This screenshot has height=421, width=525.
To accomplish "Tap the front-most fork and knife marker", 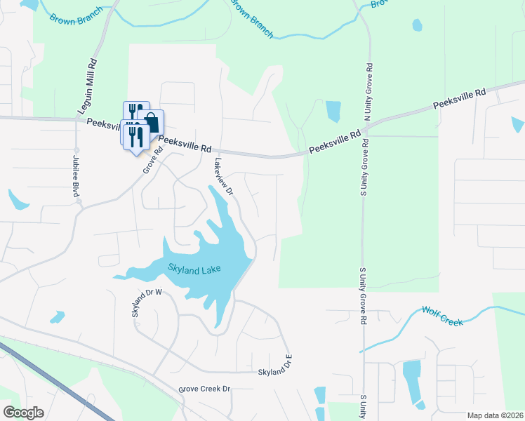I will [x=135, y=138].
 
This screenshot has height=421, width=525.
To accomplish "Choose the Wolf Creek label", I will [x=442, y=316].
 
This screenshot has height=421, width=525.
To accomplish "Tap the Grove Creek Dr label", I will [x=204, y=389].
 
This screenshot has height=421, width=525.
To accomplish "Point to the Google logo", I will [x=24, y=413].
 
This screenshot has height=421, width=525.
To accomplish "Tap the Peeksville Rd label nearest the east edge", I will [x=459, y=98].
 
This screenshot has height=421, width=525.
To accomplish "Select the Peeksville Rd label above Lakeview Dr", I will [x=185, y=144].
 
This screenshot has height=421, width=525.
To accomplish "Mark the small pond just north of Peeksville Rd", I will [x=333, y=112].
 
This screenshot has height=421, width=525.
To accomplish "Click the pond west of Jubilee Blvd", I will [x=18, y=201].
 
